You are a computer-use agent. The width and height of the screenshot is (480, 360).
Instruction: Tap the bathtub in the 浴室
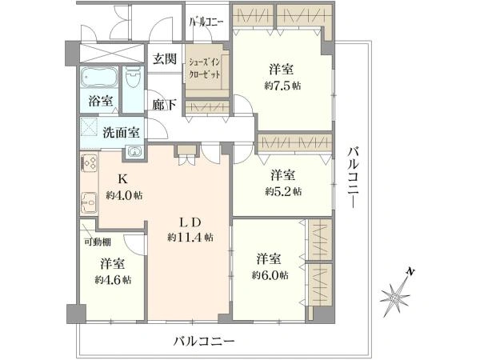(99, 78)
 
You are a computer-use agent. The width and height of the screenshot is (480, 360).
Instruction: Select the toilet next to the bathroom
(133, 78)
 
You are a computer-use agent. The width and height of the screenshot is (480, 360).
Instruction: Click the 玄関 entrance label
(165, 58)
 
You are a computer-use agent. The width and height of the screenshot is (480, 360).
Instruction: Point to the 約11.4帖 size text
(190, 238)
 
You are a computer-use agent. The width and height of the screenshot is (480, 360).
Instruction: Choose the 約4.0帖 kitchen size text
(124, 195)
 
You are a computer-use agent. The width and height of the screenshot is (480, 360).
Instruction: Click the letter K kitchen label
(123, 179)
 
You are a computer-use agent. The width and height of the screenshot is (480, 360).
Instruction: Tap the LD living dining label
(189, 222)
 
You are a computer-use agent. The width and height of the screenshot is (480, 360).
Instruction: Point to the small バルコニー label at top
(206, 22)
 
